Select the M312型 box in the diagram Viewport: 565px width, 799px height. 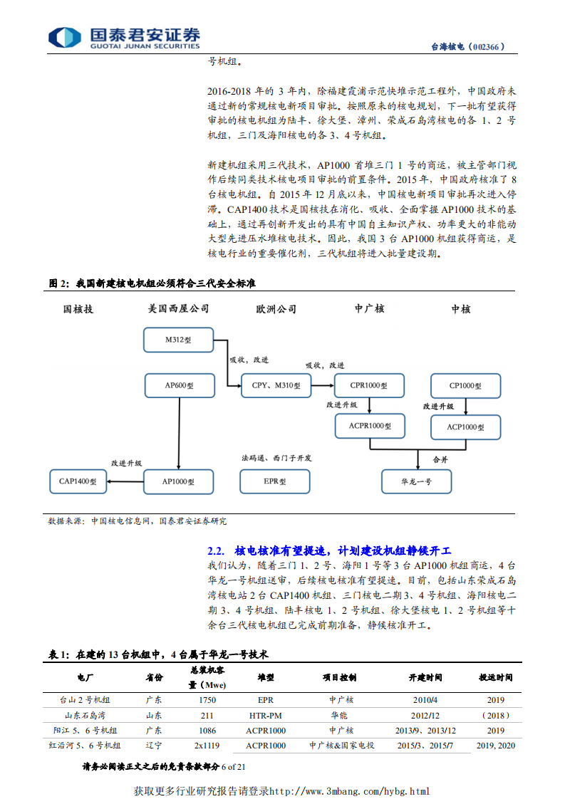(178, 340)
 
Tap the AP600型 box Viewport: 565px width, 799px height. (178, 385)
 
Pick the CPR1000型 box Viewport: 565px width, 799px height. (369, 385)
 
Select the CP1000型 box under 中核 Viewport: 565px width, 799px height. (466, 385)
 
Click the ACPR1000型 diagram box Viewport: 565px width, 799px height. (369, 427)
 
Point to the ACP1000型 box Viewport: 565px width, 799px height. (466, 427)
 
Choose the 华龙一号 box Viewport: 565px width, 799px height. (417, 481)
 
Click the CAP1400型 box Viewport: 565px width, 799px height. (78, 481)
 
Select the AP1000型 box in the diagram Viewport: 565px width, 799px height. (178, 481)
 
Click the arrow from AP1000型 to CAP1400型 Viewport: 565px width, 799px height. (125, 481)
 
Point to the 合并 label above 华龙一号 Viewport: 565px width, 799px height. (441, 460)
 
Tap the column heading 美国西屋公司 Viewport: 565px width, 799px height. (178, 309)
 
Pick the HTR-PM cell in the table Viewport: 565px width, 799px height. (266, 714)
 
